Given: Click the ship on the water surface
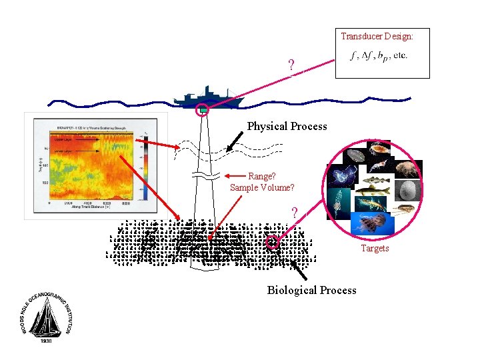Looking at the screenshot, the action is pos(206,98).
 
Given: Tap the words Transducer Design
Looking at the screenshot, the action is pos(377,36).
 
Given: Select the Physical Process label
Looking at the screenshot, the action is pos(287,126).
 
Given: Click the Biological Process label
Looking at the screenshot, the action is pos(311,290).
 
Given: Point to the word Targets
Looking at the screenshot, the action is pos(375,249).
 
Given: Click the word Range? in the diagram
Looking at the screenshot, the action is pos(262,177).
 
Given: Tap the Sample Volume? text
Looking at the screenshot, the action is pos(262,188).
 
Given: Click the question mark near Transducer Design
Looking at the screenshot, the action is pos(291,66).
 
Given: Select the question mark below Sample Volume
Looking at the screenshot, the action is pos(294,213).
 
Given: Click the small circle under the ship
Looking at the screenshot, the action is pos(202,110).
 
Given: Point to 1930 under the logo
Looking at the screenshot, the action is pos(45,341).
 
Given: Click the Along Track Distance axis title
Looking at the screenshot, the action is pos(95,207).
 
